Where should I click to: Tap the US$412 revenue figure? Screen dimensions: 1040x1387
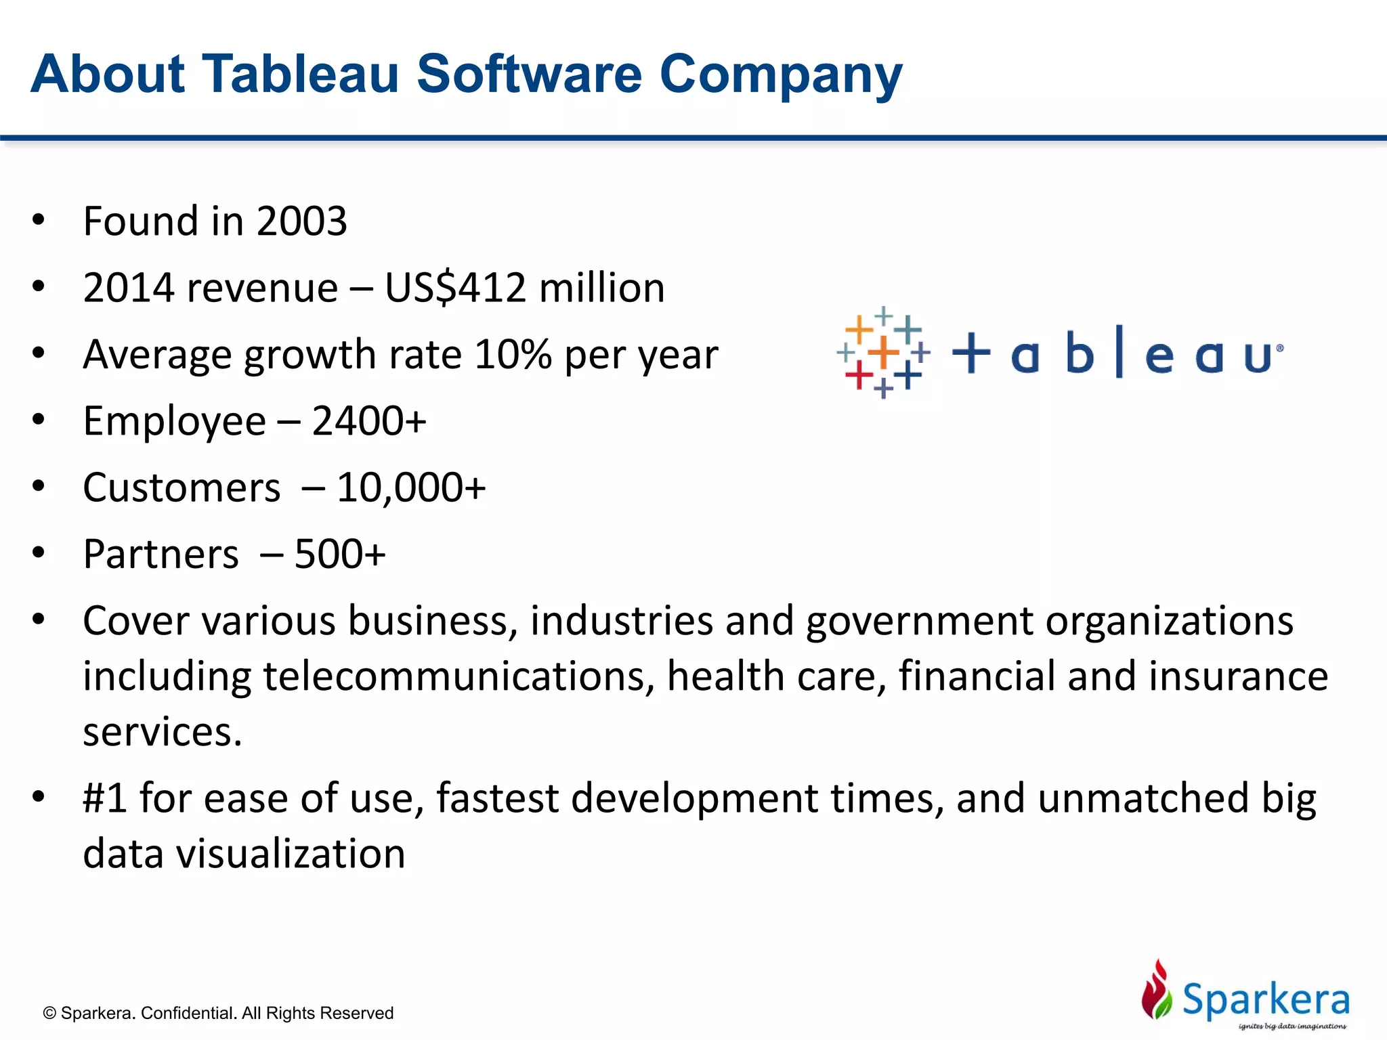(x=455, y=288)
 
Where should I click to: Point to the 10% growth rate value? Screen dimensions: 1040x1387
(x=513, y=354)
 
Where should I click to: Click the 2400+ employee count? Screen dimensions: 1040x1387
(x=369, y=421)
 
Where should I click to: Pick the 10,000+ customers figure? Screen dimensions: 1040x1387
(x=411, y=487)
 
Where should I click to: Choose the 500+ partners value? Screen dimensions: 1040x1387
(x=340, y=554)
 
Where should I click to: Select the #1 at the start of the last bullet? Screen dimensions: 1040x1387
(x=105, y=798)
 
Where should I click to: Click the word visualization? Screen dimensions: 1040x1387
(x=291, y=853)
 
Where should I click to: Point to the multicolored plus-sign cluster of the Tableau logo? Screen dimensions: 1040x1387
(x=883, y=352)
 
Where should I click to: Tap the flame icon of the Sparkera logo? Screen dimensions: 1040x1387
(x=1157, y=990)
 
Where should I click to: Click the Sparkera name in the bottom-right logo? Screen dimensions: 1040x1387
(x=1265, y=999)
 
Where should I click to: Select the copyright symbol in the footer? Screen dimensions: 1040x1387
(x=49, y=1013)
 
